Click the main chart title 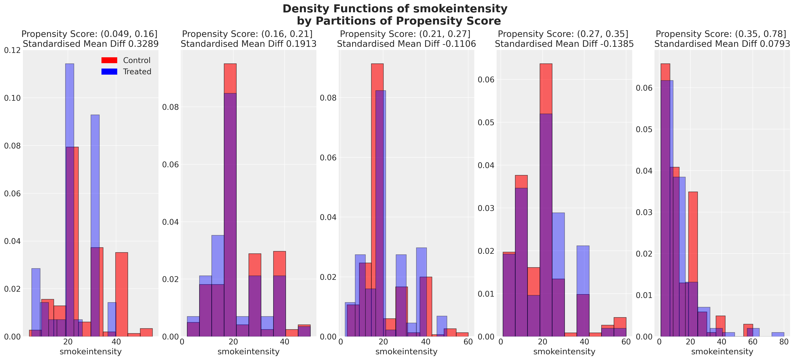[395, 15]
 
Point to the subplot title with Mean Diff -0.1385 [564, 39]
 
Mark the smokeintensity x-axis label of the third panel [406, 352]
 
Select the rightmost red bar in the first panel [146, 332]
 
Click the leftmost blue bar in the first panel [36, 302]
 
